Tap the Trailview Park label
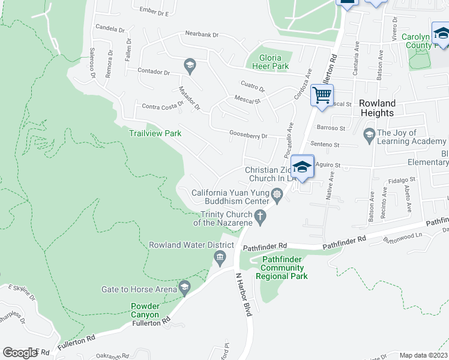(x=155, y=133)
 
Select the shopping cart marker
(x=322, y=95)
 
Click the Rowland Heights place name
(x=377, y=108)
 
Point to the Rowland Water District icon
(x=220, y=258)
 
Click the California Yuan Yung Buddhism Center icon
(x=277, y=193)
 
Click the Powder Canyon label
(x=145, y=310)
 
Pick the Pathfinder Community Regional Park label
(x=282, y=268)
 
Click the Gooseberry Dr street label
(x=248, y=135)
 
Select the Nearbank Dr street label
(x=202, y=34)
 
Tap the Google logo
(x=20, y=353)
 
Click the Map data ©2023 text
(x=423, y=355)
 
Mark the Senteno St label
(x=325, y=145)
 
